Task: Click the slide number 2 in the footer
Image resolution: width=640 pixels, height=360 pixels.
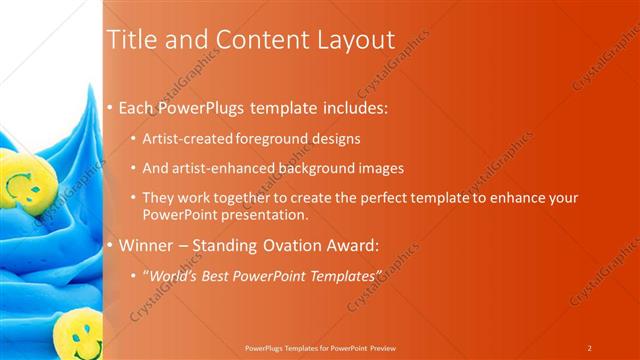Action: tap(589, 348)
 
